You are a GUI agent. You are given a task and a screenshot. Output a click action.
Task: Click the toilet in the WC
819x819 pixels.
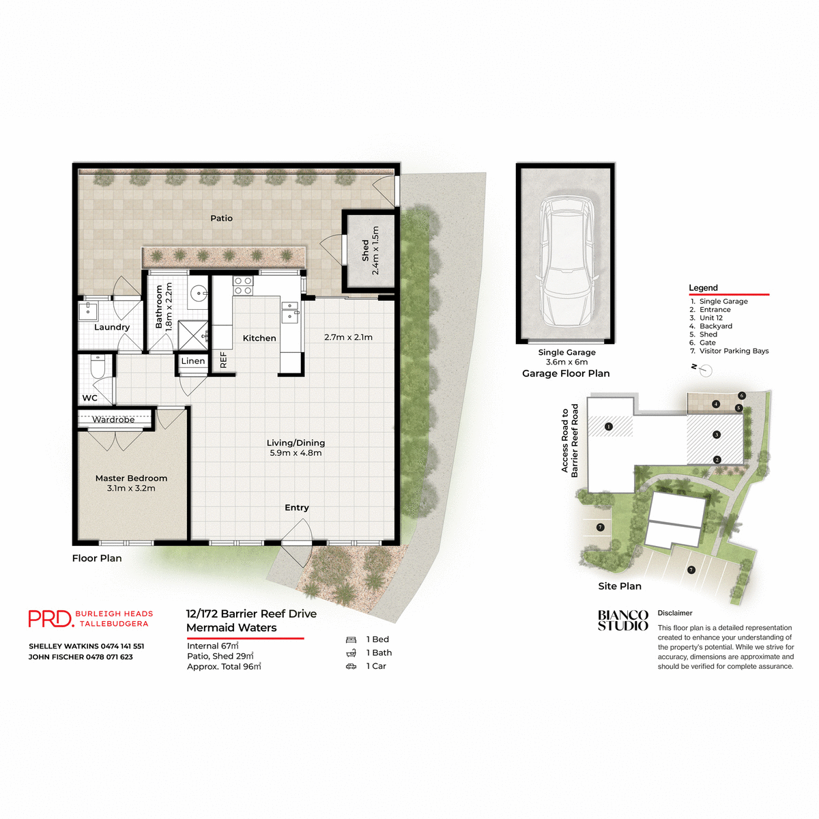pos(97,369)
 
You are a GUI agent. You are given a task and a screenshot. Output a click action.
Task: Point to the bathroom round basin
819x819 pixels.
pos(199,293)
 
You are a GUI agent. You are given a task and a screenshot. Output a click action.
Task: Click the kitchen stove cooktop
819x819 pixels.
pos(243,285)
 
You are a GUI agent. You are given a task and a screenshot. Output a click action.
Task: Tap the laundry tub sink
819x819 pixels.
pos(88,311)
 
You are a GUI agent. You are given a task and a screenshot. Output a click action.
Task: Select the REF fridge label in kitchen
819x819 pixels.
pos(223,360)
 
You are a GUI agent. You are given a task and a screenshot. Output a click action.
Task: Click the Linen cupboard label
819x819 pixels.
pos(193,361)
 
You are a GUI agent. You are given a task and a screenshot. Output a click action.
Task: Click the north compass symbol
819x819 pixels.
pos(705,371)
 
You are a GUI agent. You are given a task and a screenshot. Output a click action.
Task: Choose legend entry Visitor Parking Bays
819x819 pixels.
pos(734,351)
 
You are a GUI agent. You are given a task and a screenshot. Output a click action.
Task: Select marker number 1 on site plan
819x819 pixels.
pos(609,427)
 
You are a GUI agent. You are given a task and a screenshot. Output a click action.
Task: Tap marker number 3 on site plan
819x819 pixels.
pos(716,435)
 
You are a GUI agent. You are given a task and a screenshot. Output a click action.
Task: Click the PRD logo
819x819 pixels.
pos(51,618)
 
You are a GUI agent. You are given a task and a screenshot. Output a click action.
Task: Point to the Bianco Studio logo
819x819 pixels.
pos(622,620)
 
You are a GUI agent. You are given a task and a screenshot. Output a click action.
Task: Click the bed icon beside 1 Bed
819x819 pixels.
pos(351,640)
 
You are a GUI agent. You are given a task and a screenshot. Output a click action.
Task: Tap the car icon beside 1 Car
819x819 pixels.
pos(351,666)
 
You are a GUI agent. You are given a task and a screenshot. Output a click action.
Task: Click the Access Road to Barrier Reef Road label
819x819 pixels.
pos(570,440)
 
